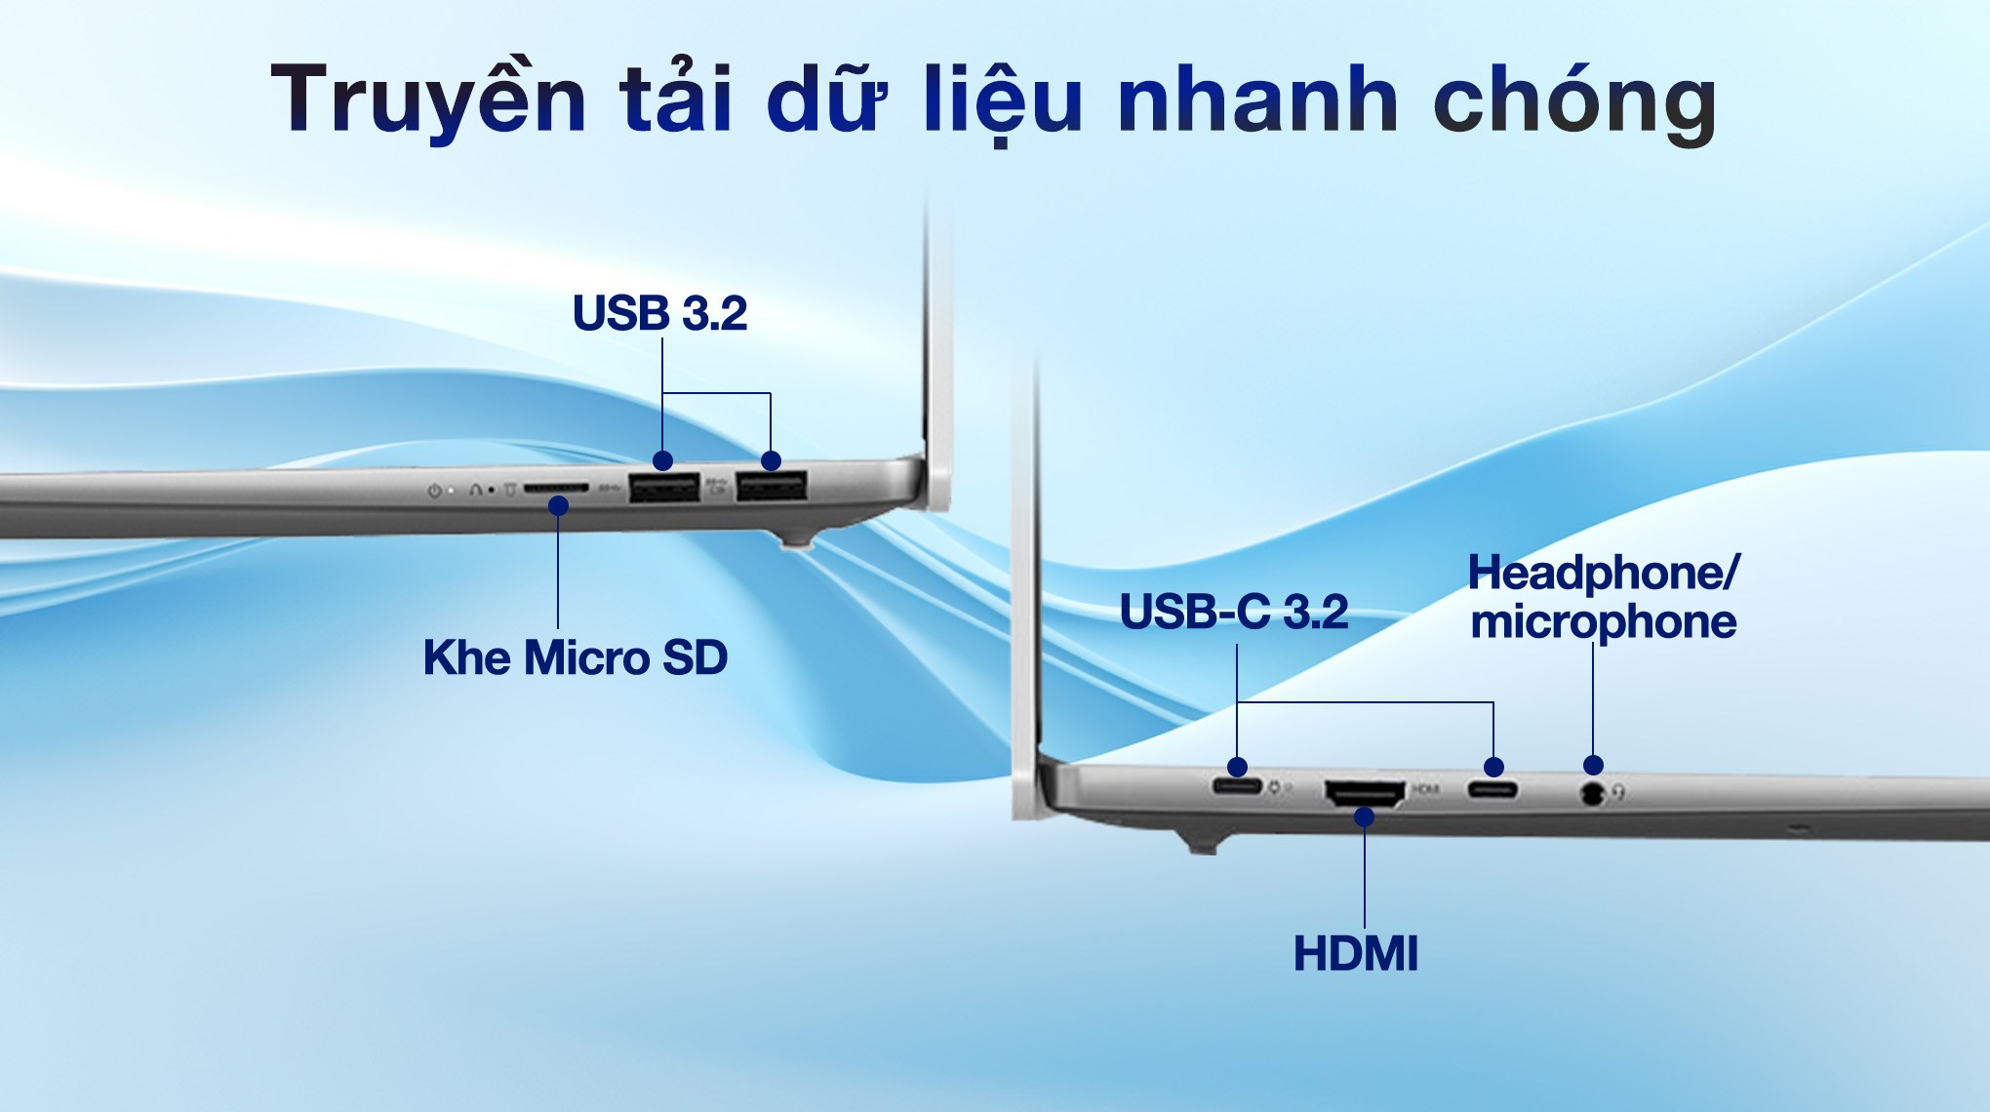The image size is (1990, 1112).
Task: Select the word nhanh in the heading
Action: coord(1258,99)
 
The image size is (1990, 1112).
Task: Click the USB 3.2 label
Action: coord(660,313)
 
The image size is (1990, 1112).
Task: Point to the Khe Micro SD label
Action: coord(576,657)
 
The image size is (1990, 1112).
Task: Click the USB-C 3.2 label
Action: coord(1234,612)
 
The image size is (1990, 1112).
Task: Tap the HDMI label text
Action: coord(1356,954)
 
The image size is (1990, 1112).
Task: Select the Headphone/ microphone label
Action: coord(1604,597)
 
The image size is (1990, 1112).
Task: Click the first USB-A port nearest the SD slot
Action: coord(664,486)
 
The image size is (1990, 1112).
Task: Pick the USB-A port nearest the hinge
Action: coord(772,485)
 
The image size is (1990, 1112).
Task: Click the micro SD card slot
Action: coord(556,487)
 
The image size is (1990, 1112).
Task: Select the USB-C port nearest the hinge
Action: coord(1237,785)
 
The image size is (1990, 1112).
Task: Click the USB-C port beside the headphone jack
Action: coord(1492,788)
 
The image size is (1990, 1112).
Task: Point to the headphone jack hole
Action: coord(1592,793)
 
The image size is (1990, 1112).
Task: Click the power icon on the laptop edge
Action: coord(434,490)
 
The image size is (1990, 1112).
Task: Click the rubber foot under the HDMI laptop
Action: coord(1205,842)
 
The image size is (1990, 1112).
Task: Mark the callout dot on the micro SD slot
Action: coord(558,505)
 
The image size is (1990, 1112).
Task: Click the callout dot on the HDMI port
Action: coord(1365,816)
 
